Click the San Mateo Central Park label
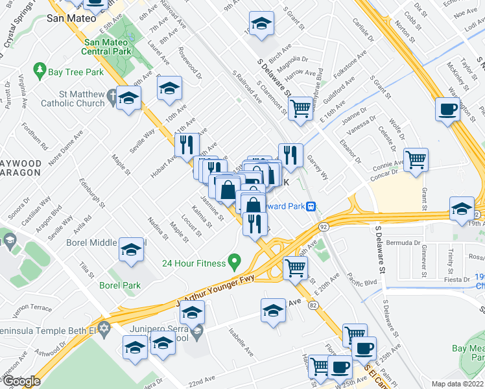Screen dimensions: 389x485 (108, 46)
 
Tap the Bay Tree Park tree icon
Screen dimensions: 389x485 (40, 69)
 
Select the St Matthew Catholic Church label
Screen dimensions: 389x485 (72, 99)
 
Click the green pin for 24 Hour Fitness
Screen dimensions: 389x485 (235, 263)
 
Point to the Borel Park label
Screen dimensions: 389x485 (120, 285)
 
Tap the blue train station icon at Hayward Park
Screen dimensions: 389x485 (311, 207)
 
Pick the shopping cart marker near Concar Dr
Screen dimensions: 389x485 (416, 159)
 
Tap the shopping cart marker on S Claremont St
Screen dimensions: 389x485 (300, 108)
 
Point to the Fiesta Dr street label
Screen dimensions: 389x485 (456, 279)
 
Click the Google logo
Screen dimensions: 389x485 (21, 381)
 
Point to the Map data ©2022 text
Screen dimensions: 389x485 (458, 384)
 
